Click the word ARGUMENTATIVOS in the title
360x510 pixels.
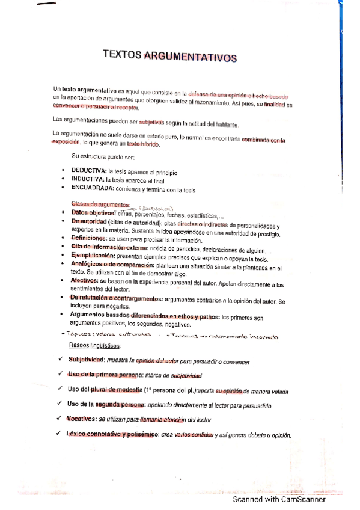click(x=191, y=57)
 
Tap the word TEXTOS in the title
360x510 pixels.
click(x=123, y=55)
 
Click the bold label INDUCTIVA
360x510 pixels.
click(x=87, y=180)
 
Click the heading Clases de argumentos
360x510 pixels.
click(x=100, y=204)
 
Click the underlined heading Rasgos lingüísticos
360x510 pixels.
click(x=95, y=345)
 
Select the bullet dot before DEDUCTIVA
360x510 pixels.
click(x=64, y=171)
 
